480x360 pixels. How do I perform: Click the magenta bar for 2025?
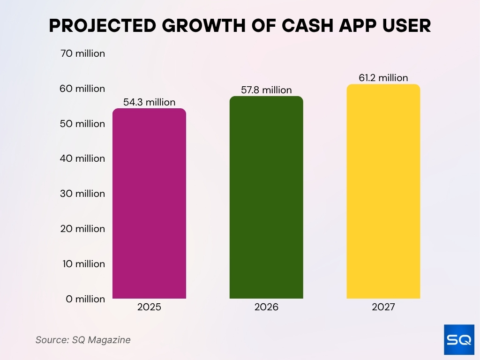pyautogui.click(x=149, y=204)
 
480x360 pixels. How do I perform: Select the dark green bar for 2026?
pyautogui.click(x=266, y=198)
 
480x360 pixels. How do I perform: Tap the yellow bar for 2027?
pyautogui.click(x=383, y=192)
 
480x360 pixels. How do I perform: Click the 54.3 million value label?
pyautogui.click(x=149, y=102)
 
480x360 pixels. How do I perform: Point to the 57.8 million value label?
pyautogui.click(x=266, y=90)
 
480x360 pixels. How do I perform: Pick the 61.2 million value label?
pyautogui.click(x=383, y=78)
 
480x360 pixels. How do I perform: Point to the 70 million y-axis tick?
pyautogui.click(x=82, y=53)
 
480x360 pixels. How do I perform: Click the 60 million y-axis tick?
pyautogui.click(x=82, y=89)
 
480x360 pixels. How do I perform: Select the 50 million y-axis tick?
pyautogui.click(x=82, y=124)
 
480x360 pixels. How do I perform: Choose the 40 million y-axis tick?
pyautogui.click(x=82, y=158)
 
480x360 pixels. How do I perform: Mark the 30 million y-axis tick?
pyautogui.click(x=82, y=194)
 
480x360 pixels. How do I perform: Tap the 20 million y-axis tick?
pyautogui.click(x=82, y=229)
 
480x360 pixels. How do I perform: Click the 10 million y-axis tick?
pyautogui.click(x=82, y=264)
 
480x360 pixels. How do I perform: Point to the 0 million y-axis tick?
pyautogui.click(x=85, y=299)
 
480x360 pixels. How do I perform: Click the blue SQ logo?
pyautogui.click(x=458, y=339)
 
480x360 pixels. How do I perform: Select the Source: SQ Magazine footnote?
pyautogui.click(x=83, y=340)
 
